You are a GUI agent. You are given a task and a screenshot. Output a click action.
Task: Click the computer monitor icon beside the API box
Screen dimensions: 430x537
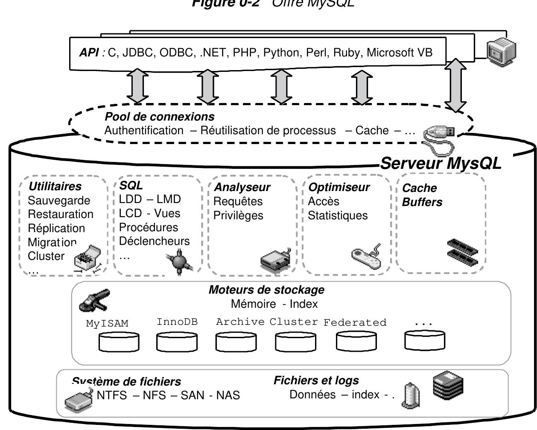[501, 50]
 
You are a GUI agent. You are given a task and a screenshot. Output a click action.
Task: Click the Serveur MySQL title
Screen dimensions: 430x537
[441, 163]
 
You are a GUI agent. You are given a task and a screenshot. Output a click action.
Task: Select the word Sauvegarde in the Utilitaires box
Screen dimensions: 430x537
[59, 200]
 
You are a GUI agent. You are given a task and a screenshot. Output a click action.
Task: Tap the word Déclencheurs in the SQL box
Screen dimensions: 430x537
[154, 241]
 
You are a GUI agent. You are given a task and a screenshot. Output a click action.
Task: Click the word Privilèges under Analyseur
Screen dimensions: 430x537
[238, 215]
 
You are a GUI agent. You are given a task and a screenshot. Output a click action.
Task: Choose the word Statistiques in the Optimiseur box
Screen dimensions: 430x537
[338, 215]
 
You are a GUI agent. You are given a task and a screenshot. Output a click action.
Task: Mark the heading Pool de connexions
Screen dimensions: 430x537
[159, 116]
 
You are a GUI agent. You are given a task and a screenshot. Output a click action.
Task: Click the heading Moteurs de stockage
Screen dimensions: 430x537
[266, 290]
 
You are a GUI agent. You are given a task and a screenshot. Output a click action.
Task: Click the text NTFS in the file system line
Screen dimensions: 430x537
[112, 395]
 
